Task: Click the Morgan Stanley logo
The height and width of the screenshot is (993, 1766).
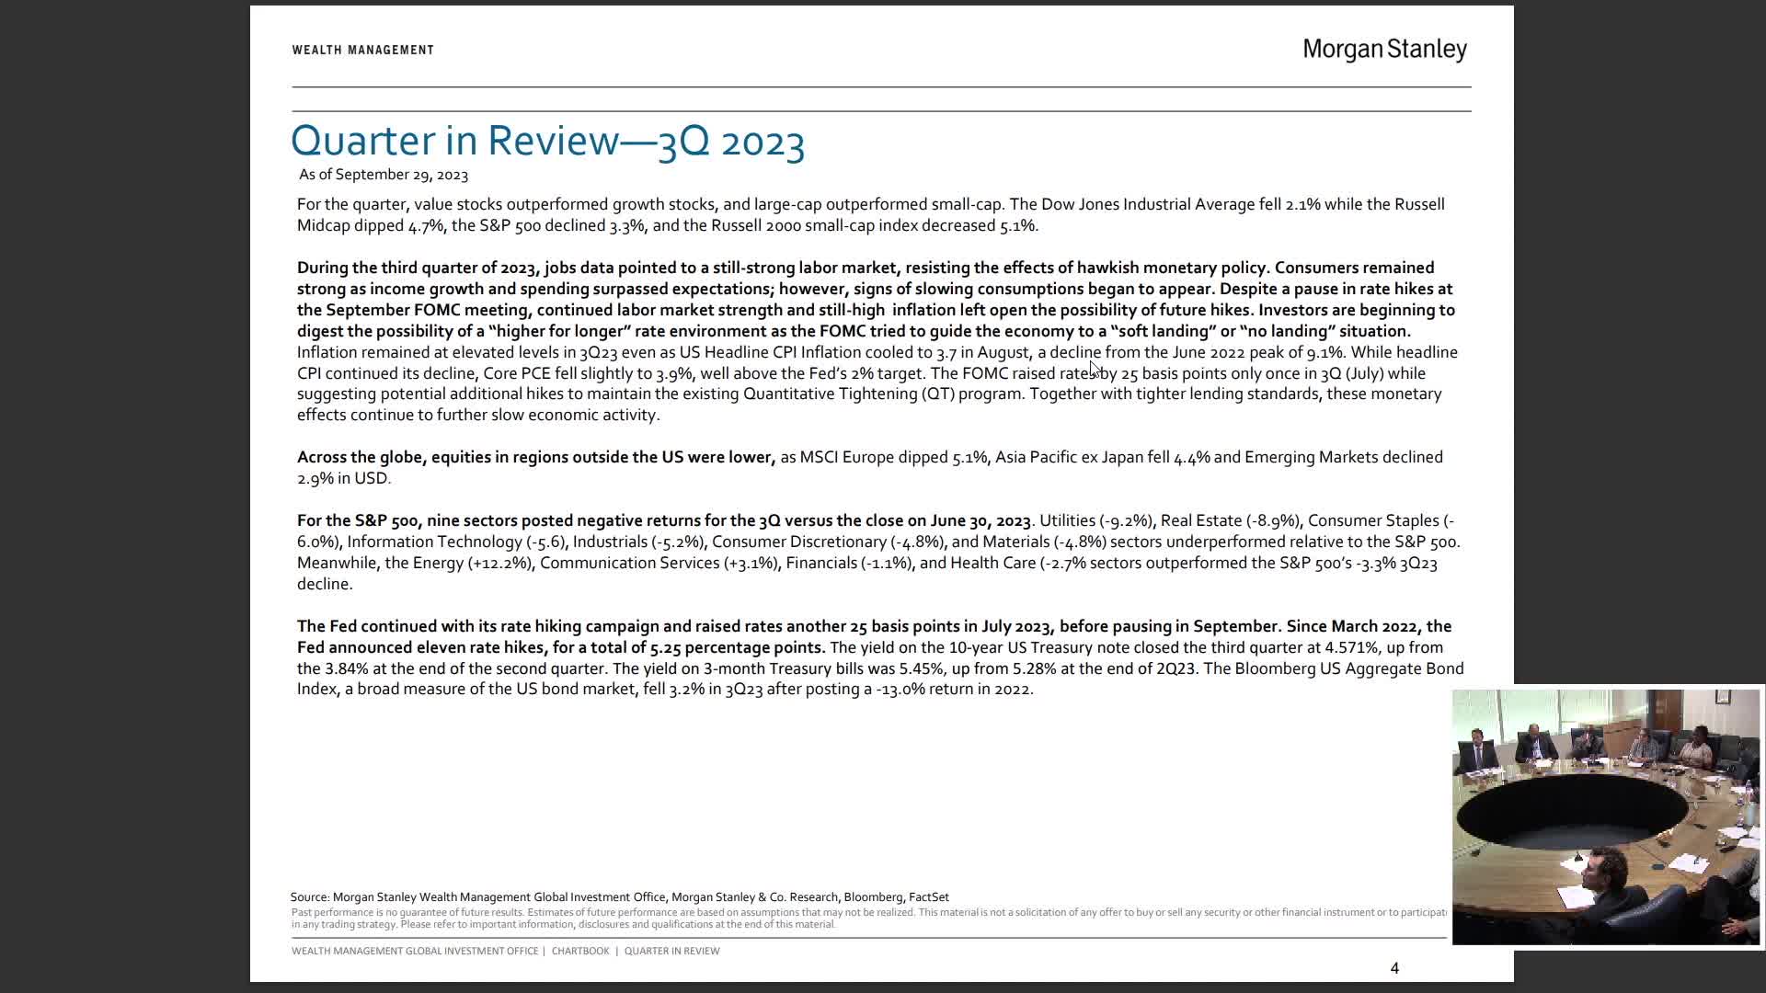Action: click(1384, 50)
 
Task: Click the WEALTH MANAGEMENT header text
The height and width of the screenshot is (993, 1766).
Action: click(362, 50)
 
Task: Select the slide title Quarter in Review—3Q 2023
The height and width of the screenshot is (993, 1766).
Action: click(547, 141)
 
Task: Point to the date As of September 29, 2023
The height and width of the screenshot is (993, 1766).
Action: click(383, 175)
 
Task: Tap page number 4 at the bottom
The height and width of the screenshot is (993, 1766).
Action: click(1394, 968)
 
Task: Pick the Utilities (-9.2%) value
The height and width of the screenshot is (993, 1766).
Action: click(1095, 520)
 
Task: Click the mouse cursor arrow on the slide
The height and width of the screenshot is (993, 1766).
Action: click(1095, 369)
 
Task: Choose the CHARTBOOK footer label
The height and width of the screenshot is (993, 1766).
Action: click(580, 951)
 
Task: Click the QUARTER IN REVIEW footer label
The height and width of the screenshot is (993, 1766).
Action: click(671, 951)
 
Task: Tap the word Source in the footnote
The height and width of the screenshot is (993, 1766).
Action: click(309, 897)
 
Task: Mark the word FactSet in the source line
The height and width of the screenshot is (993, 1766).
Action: click(928, 897)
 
